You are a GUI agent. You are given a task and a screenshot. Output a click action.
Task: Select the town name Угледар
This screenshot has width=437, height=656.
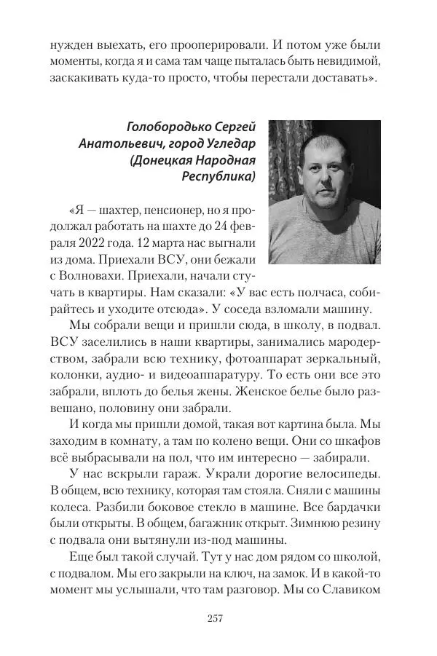coord(231,143)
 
